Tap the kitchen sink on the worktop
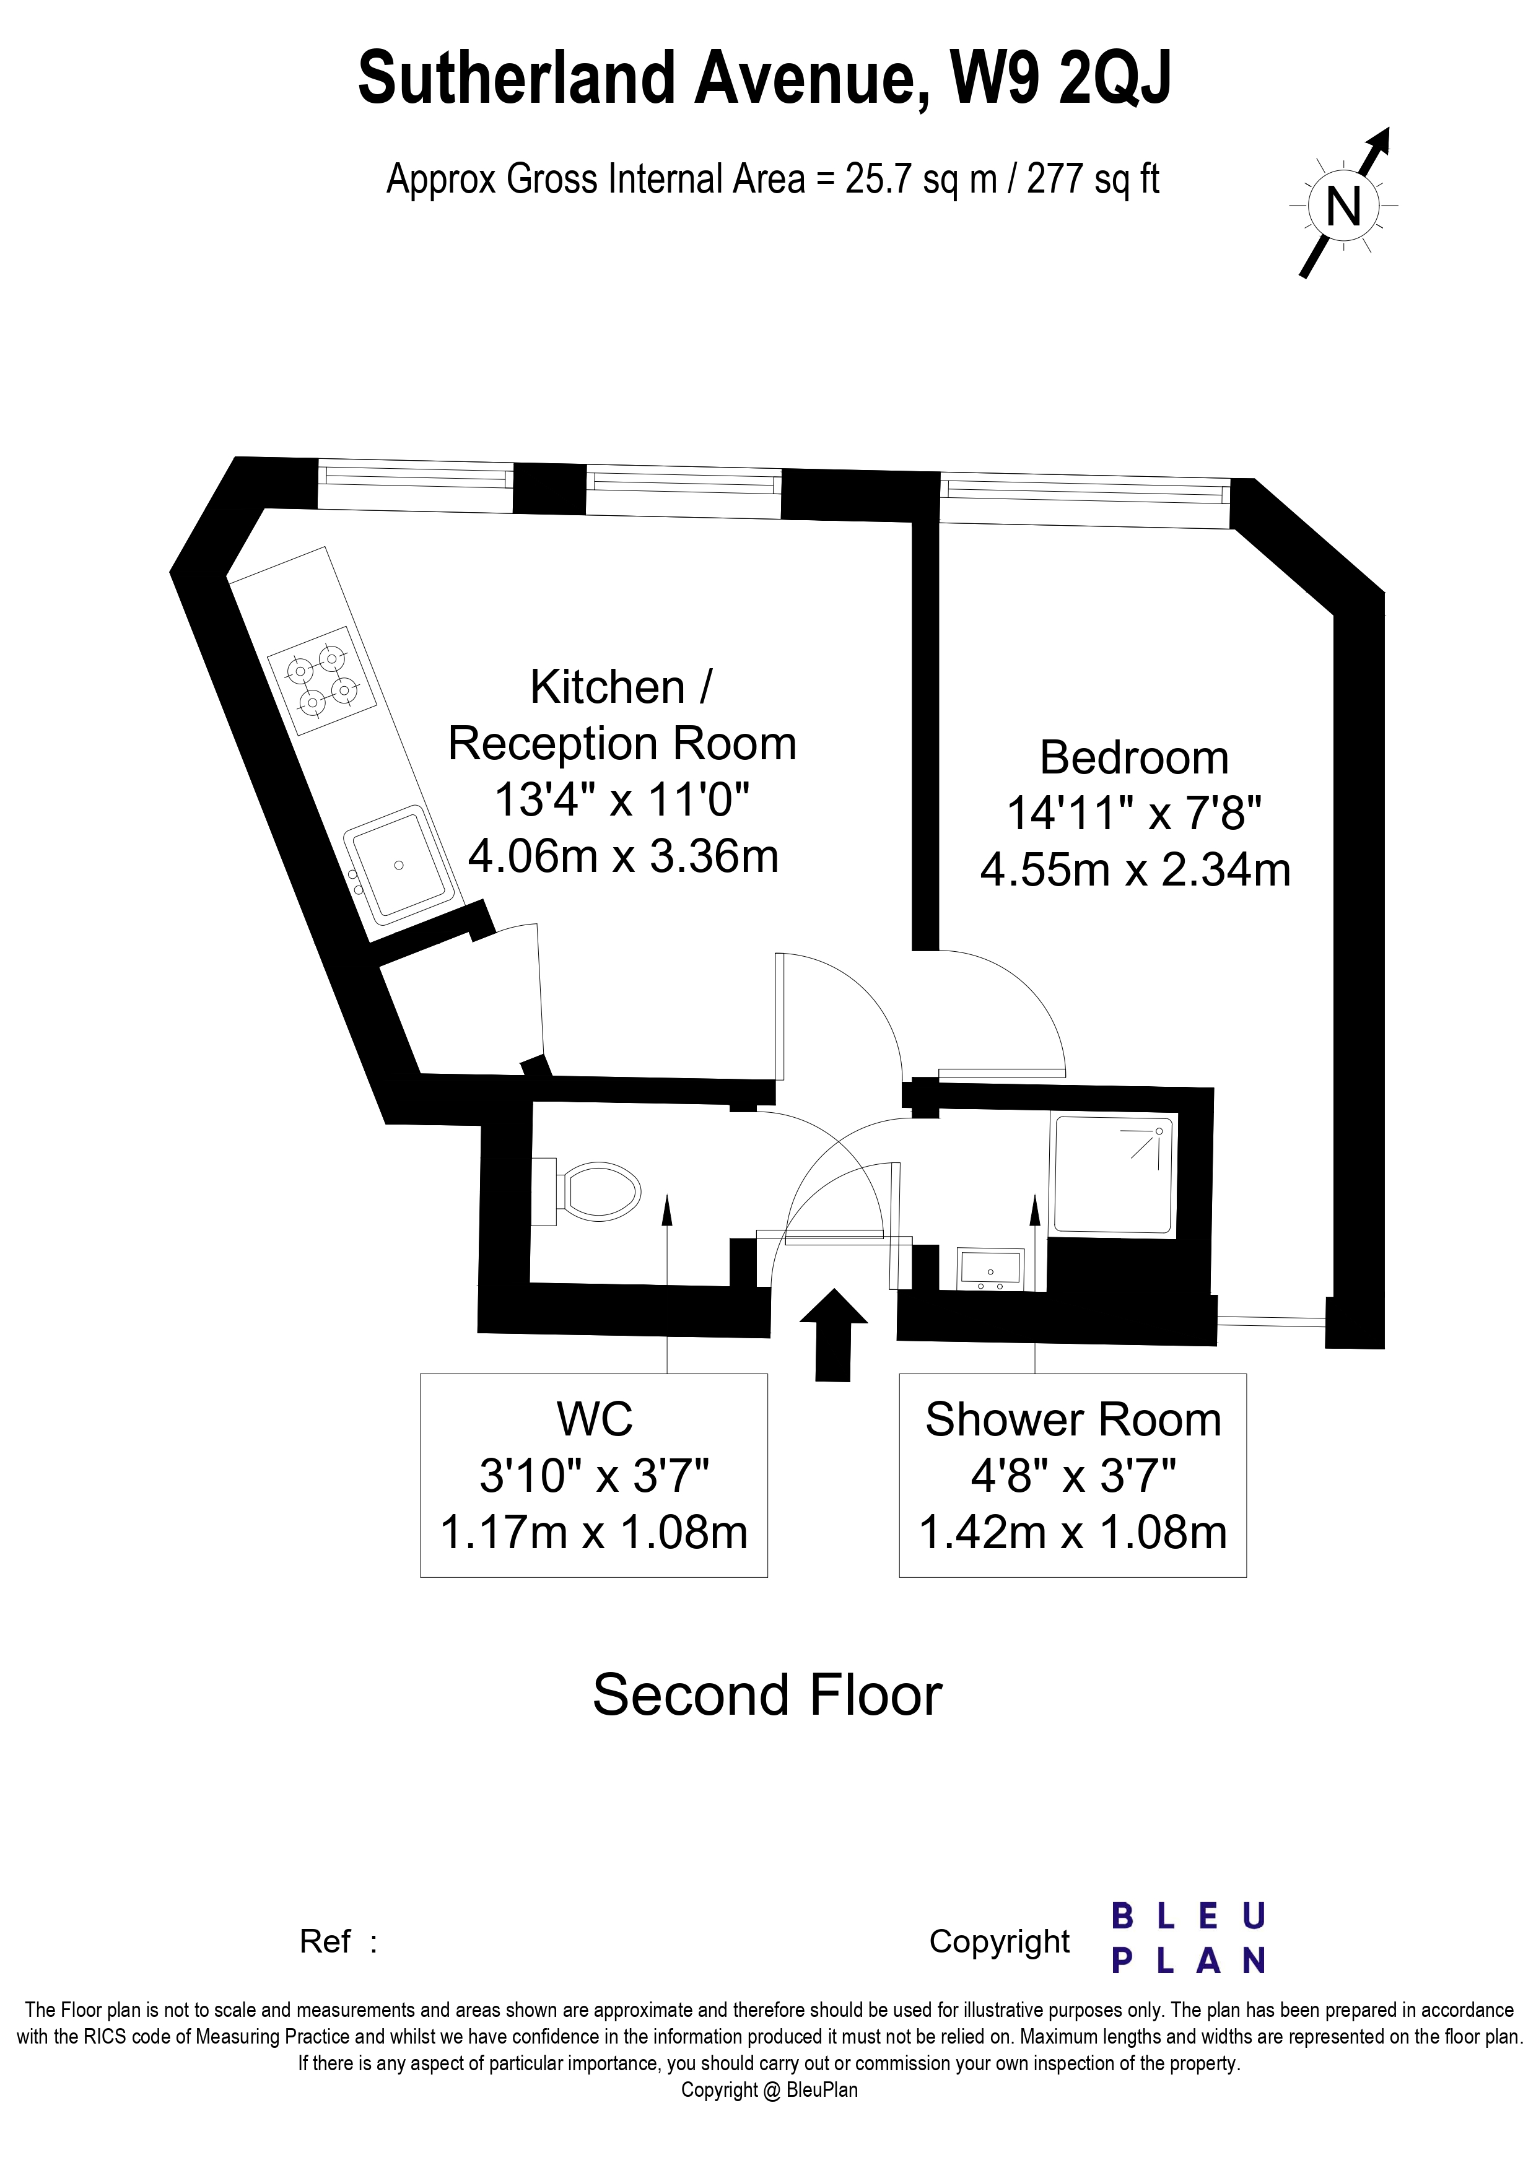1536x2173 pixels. pyautogui.click(x=398, y=864)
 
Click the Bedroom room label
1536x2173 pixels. pyautogui.click(x=1134, y=758)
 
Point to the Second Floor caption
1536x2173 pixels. pyautogui.click(x=767, y=1694)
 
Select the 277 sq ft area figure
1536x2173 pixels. pyautogui.click(x=1092, y=179)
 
